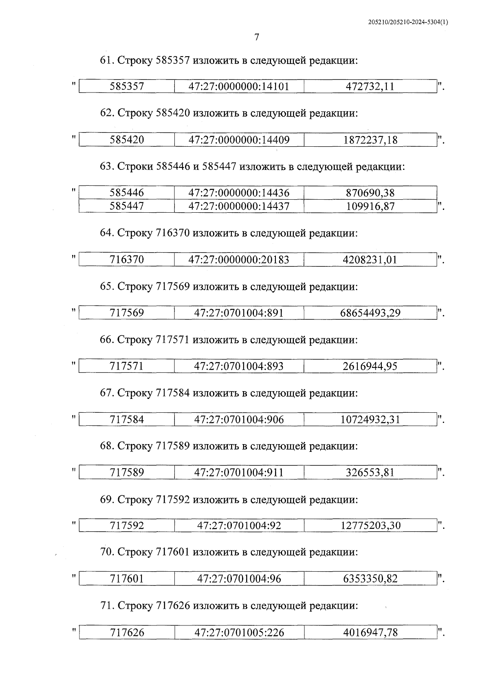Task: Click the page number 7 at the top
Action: [256, 37]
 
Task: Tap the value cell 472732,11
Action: [370, 86]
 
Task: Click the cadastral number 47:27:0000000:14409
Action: [239, 140]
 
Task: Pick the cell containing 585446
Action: [127, 193]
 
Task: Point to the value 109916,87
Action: [370, 206]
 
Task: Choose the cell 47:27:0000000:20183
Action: [239, 260]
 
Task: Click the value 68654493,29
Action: [370, 313]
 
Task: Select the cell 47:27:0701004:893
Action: [239, 366]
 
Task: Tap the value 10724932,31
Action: [370, 419]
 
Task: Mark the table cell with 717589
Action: [127, 473]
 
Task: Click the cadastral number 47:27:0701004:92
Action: [239, 526]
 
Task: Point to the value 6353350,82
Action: [370, 579]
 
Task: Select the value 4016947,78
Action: [370, 633]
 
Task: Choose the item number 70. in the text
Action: [107, 552]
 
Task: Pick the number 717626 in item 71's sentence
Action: [173, 606]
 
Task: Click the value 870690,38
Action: [370, 193]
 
